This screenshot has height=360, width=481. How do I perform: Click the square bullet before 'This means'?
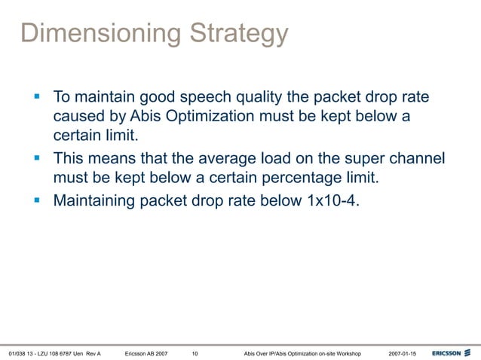tap(37, 159)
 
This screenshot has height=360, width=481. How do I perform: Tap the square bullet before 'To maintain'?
tap(37, 98)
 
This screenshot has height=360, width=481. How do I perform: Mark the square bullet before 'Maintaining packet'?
tap(37, 200)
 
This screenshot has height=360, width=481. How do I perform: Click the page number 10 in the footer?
tap(195, 352)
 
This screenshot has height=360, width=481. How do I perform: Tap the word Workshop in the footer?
tap(346, 352)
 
